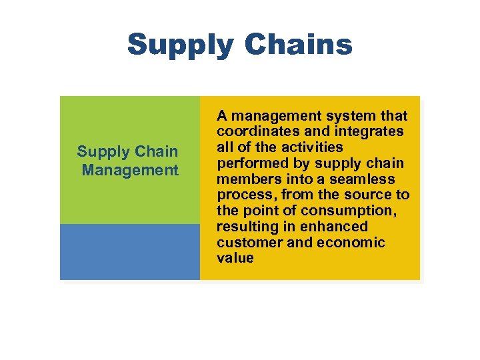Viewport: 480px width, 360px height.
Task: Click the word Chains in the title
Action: coord(299,45)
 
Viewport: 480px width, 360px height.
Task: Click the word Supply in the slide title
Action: coord(181,45)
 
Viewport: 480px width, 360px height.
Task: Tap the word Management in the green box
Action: coord(130,170)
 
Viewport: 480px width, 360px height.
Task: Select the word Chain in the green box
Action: coord(156,151)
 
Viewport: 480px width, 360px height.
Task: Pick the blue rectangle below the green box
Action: coord(130,251)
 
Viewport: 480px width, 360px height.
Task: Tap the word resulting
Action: coord(246,226)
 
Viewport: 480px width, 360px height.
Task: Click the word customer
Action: coord(249,242)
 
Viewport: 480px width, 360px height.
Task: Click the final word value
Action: coord(235,258)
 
